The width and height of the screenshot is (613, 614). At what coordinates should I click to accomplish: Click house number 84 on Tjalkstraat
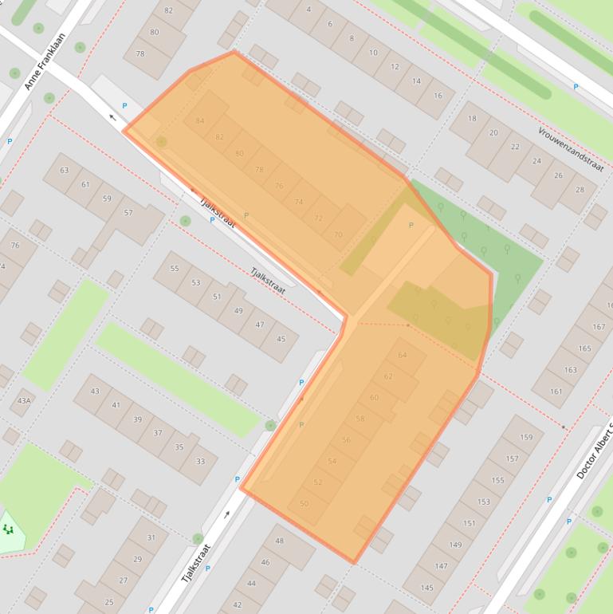click(x=200, y=120)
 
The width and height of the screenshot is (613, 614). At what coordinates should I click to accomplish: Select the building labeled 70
click(x=338, y=234)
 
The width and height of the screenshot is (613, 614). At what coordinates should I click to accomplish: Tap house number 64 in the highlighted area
click(x=402, y=355)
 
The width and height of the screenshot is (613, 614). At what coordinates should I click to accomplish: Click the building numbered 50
click(x=304, y=503)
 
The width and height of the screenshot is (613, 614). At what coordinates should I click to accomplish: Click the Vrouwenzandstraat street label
click(x=571, y=148)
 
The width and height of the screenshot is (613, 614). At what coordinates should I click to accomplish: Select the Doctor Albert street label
click(x=594, y=451)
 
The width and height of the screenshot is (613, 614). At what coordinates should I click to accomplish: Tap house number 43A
click(x=24, y=400)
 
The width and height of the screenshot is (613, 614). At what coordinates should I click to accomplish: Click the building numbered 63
click(x=65, y=170)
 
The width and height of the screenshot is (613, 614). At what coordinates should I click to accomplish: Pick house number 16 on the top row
click(x=438, y=95)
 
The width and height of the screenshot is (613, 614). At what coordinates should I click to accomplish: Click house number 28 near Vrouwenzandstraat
click(x=580, y=190)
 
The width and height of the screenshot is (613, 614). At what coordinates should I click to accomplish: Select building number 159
click(x=526, y=437)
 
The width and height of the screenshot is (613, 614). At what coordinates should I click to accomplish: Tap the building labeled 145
click(x=426, y=588)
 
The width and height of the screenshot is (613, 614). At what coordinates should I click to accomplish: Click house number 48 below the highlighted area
click(x=280, y=541)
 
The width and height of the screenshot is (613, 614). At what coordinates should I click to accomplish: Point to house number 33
click(x=200, y=461)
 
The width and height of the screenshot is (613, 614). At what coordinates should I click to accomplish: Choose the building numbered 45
click(x=281, y=339)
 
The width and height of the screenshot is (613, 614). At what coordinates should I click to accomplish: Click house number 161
click(x=556, y=391)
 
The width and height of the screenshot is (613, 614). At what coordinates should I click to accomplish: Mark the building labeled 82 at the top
click(x=168, y=10)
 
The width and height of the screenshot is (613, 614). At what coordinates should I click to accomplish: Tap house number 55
click(x=175, y=269)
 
